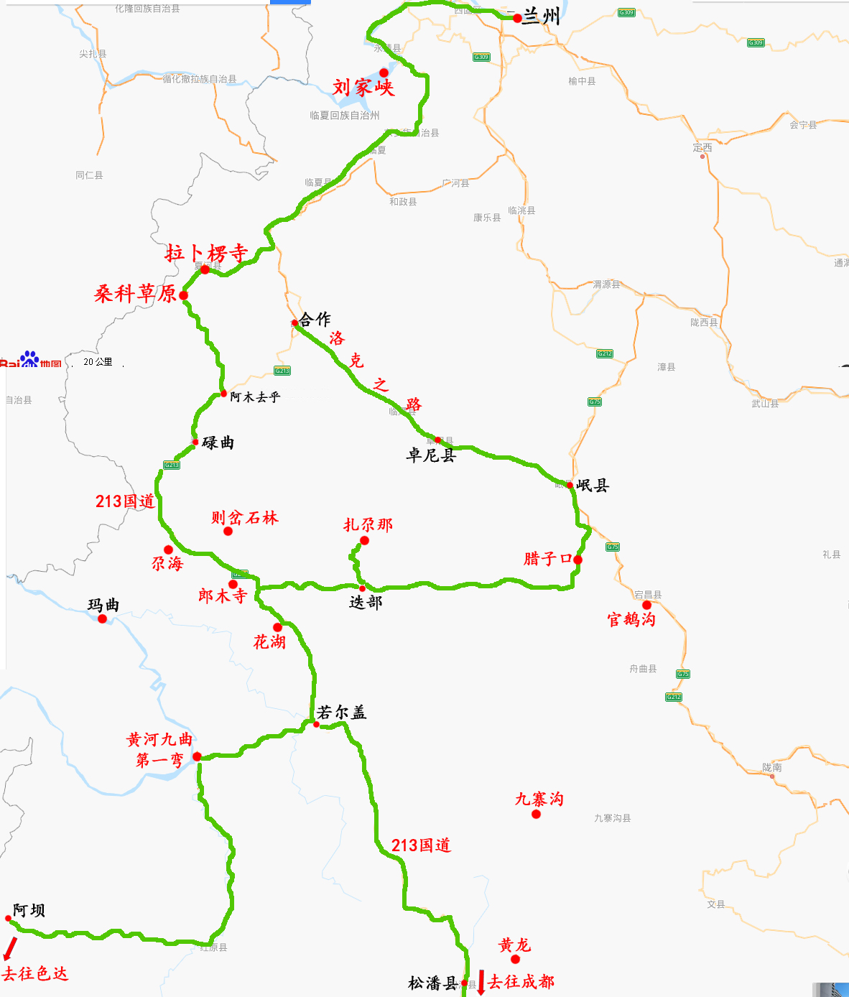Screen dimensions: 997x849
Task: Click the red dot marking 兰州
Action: click(517, 18)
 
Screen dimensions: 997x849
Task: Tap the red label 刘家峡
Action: click(363, 88)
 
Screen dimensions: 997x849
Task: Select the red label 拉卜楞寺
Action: click(206, 253)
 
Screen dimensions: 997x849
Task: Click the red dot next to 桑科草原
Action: click(184, 295)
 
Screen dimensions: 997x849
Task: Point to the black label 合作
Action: click(315, 319)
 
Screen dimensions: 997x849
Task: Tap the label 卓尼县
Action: click(431, 455)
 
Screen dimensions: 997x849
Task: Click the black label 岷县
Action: click(593, 486)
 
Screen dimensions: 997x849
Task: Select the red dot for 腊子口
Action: click(577, 560)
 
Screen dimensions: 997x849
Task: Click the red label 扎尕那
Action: click(368, 525)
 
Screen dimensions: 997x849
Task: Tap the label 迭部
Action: click(366, 603)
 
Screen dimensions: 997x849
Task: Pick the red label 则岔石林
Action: click(244, 518)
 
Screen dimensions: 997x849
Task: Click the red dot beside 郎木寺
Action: click(233, 585)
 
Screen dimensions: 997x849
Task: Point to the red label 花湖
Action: click(269, 642)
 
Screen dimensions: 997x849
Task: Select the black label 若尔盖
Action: click(342, 713)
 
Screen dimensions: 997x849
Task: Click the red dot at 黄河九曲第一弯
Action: click(197, 756)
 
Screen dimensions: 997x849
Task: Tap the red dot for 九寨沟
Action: click(536, 814)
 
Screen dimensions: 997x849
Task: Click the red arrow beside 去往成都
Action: click(481, 981)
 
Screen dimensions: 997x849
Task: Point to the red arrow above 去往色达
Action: click(9, 948)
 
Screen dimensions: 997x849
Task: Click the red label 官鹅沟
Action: click(631, 619)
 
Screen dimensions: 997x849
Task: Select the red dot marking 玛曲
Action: click(102, 618)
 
